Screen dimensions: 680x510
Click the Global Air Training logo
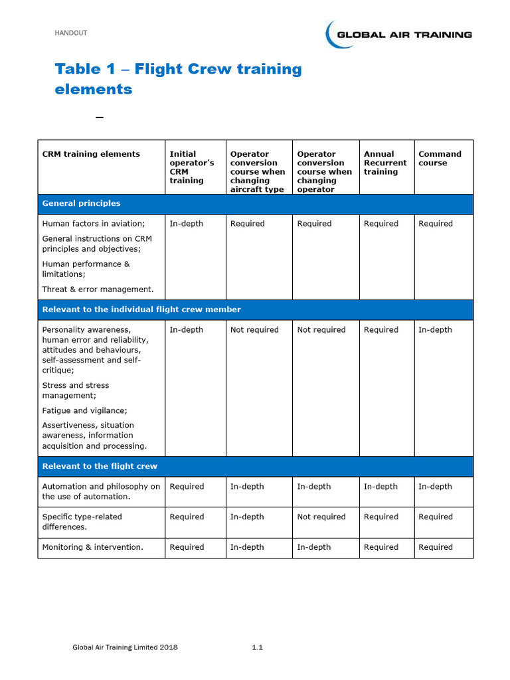coord(398,35)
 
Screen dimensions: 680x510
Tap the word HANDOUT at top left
coord(70,33)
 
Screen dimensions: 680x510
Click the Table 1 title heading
coord(178,79)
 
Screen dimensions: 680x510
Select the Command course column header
coord(439,159)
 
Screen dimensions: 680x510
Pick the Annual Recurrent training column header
coord(385,163)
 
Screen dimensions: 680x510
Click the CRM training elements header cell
coord(91,154)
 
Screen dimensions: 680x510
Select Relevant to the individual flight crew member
coord(141,309)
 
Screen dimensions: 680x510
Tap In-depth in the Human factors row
coord(187,224)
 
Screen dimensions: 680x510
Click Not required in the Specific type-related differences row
coord(321,517)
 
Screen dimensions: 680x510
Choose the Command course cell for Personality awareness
coord(435,330)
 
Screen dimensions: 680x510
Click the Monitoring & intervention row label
coord(93,547)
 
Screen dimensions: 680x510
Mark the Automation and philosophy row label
coord(101,491)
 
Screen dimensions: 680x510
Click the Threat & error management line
coord(98,289)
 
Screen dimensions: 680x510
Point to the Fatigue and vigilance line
coord(84,410)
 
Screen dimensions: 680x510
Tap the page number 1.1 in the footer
coord(258,647)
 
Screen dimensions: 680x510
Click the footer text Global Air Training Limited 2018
coord(125,647)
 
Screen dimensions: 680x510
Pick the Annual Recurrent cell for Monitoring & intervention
coord(381,547)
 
